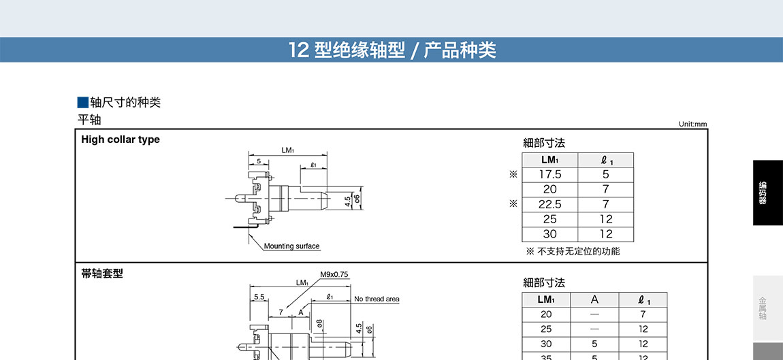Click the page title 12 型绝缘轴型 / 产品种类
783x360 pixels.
[x=392, y=50]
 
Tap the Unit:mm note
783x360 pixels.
[x=692, y=124]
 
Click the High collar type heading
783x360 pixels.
[x=121, y=140]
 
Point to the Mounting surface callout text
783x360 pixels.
[x=291, y=246]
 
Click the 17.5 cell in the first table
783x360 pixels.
[x=550, y=174]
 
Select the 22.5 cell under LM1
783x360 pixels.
[x=550, y=204]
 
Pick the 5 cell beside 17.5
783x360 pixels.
[x=606, y=174]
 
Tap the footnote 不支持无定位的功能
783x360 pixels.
[x=578, y=251]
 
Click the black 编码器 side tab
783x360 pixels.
[x=767, y=193]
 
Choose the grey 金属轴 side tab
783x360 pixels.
[x=767, y=308]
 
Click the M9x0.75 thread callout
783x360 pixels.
[x=334, y=275]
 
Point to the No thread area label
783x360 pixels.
[x=377, y=299]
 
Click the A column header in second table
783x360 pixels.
[x=594, y=299]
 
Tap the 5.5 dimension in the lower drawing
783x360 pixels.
[x=259, y=297]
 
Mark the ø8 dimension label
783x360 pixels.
[x=319, y=324]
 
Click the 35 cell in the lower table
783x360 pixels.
[x=546, y=357]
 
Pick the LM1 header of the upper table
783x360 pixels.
[x=550, y=160]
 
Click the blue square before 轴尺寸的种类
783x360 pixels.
[x=82, y=103]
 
